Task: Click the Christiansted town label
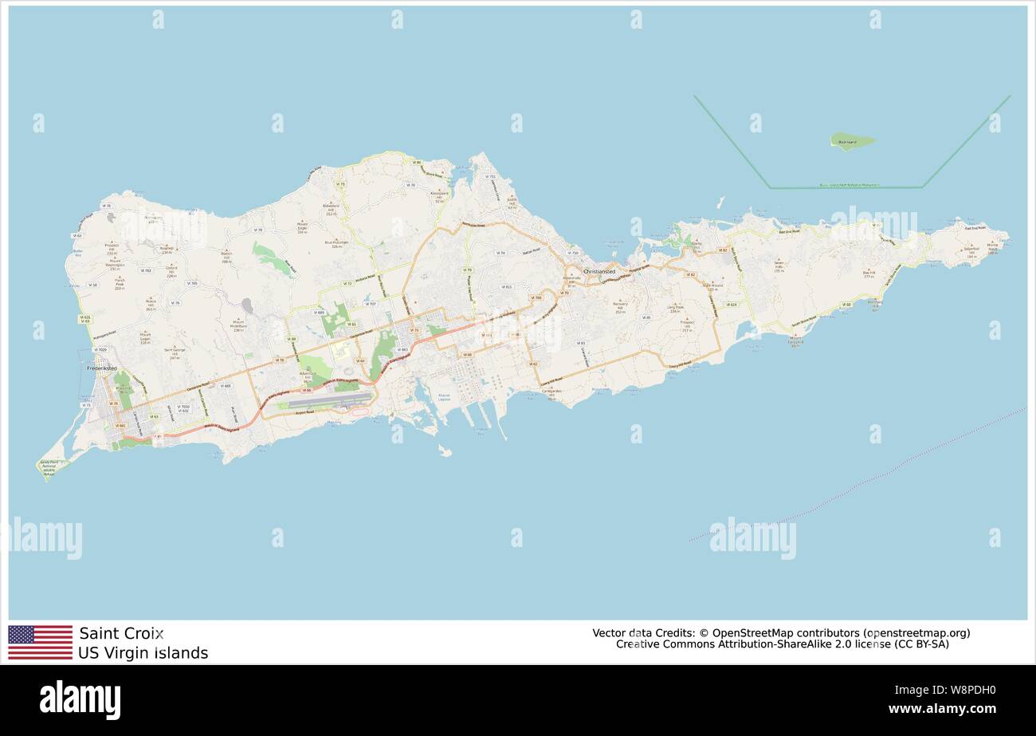598,271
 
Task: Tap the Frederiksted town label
102,368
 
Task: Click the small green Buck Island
852,142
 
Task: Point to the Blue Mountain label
336,244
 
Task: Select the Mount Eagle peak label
302,226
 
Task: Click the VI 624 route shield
732,304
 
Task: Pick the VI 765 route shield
191,283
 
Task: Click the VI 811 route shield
507,286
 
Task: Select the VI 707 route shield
370,304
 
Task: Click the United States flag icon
40,642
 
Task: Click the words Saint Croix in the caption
121,633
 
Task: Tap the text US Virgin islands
143,653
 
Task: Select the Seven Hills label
780,265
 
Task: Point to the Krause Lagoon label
443,396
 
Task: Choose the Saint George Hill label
174,352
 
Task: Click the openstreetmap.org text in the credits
916,633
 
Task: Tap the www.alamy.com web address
941,709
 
